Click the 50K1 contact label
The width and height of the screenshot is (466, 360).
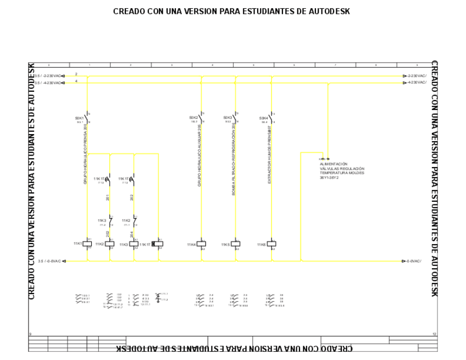(79, 118)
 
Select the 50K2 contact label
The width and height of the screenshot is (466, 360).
(193, 118)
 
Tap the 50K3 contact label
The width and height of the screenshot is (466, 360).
(228, 118)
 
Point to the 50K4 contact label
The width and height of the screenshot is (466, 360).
(264, 118)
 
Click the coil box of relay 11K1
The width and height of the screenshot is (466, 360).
(87, 243)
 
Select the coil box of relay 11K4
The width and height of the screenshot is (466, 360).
(202, 243)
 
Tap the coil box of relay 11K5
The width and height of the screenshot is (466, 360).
(235, 243)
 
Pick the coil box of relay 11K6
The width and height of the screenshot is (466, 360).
(271, 243)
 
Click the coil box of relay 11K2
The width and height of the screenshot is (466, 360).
(109, 243)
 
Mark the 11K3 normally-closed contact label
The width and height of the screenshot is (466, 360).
(102, 220)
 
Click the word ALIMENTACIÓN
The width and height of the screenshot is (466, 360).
(334, 164)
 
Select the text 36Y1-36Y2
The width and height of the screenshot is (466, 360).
(329, 177)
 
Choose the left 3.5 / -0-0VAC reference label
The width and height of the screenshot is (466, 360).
(49, 261)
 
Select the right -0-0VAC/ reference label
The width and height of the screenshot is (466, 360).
(415, 261)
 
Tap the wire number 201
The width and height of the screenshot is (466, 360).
(109, 197)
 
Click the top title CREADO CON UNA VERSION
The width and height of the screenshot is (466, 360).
(231, 11)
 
